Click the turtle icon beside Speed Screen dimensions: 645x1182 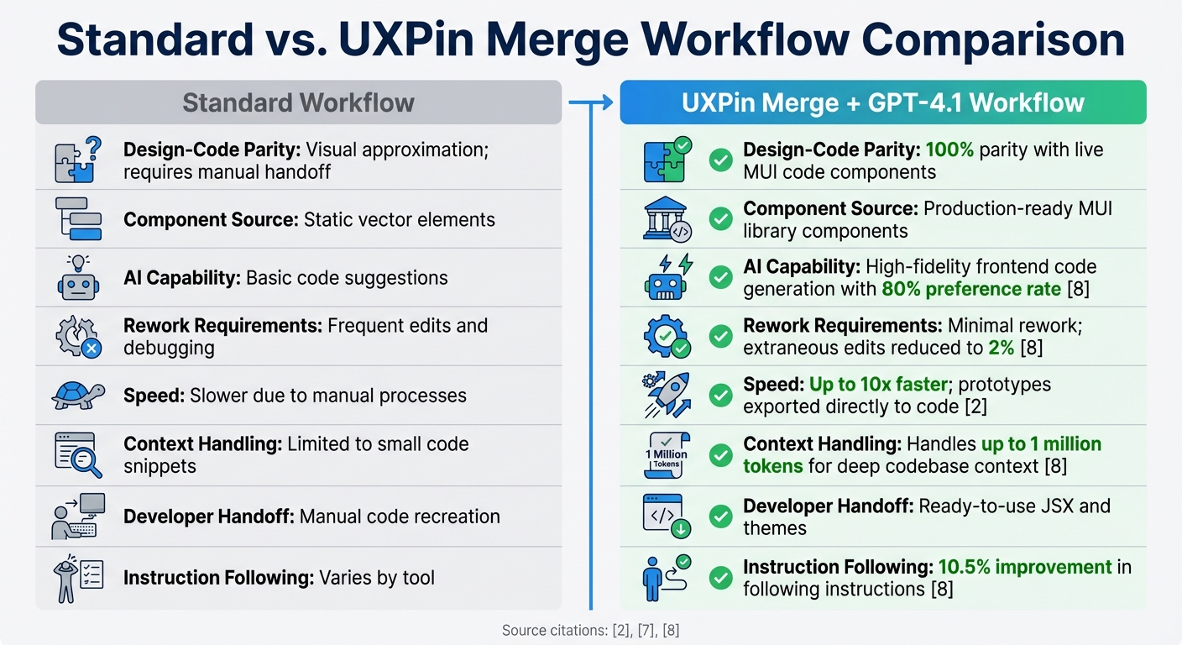click(x=78, y=396)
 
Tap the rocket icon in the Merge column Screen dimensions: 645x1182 click(x=667, y=395)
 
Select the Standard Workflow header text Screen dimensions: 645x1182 click(x=298, y=103)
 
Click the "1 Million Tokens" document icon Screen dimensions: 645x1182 click(x=667, y=454)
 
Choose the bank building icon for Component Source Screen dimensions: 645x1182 click(x=667, y=219)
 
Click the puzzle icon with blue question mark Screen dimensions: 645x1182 click(x=78, y=160)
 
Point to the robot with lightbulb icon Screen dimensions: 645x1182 click(x=78, y=278)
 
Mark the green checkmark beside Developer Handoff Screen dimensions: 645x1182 click(x=720, y=517)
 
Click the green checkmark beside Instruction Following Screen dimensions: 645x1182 click(x=720, y=578)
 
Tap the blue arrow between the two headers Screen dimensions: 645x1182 click(x=591, y=103)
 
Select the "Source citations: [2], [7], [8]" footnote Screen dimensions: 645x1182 click(x=590, y=630)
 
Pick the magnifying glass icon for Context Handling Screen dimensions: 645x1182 click(x=78, y=455)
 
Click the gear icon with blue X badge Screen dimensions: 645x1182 click(x=78, y=338)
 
